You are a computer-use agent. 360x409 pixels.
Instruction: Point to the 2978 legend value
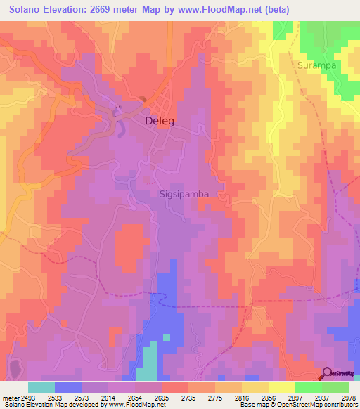[x=348, y=398]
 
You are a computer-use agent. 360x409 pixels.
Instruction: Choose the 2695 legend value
[x=174, y=398]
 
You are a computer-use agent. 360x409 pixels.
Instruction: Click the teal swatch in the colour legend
[x=41, y=387]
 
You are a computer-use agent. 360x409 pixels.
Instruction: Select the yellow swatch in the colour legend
[x=281, y=387]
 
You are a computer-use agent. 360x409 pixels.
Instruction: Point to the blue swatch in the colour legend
[x=68, y=387]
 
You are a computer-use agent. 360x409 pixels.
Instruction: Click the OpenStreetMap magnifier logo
[x=328, y=373]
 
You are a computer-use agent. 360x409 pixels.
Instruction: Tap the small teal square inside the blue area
[x=167, y=337]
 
